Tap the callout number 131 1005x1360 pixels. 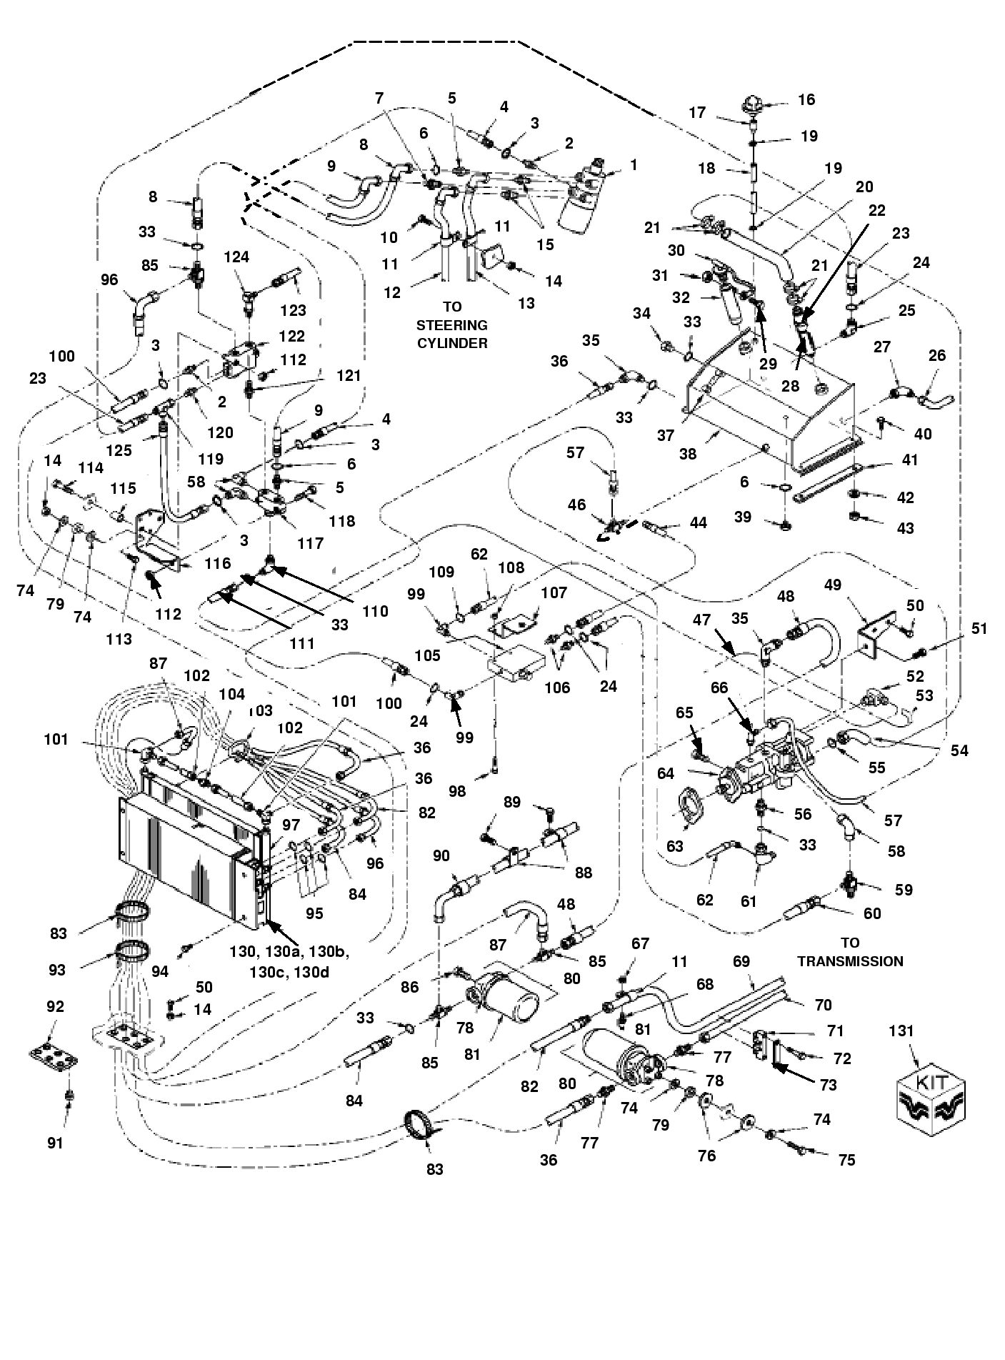coord(901,1031)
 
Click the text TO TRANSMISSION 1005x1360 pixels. coord(850,952)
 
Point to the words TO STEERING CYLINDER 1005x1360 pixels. coord(452,324)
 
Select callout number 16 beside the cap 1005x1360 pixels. coord(806,100)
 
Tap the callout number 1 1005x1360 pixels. coord(633,164)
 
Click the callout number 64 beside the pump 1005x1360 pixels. coord(666,773)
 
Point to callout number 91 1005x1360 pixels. coord(55,1143)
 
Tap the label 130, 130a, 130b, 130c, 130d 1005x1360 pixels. coord(290,962)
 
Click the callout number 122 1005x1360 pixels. coord(291,336)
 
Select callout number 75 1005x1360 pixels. coord(846,1160)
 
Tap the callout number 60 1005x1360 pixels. coord(872,913)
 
